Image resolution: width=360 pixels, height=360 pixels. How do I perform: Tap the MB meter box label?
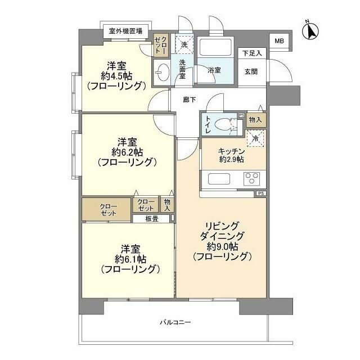pos(280,41)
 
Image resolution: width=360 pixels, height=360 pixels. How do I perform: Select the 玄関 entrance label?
pos(251,71)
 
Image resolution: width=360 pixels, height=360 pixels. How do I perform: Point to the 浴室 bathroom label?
pos(214,70)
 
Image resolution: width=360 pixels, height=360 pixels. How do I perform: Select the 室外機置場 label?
pos(125,31)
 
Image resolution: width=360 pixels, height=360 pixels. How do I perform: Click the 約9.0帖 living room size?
pos(222,246)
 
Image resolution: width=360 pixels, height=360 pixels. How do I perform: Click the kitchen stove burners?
pos(251,179)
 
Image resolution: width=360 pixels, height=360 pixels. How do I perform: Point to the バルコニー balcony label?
pos(175,322)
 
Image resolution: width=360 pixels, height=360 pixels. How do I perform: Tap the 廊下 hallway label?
pos(190,100)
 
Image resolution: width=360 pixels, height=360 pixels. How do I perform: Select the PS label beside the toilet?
pos(242,115)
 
